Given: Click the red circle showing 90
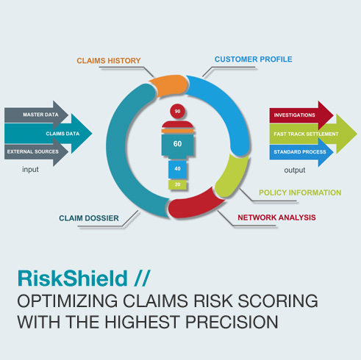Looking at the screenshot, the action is click(x=177, y=111).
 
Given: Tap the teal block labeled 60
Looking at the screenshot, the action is click(x=177, y=144).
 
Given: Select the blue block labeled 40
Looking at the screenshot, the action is click(x=177, y=169).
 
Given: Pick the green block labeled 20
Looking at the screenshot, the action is click(x=177, y=184).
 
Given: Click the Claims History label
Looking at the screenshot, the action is click(x=109, y=60).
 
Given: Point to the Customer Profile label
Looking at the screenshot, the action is click(x=254, y=60).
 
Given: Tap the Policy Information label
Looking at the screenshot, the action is click(x=300, y=192).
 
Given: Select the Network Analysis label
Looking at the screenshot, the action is click(x=276, y=217).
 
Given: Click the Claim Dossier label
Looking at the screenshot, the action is click(x=89, y=218).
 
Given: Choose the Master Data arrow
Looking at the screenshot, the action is click(x=36, y=115).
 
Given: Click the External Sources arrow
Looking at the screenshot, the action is click(x=36, y=152).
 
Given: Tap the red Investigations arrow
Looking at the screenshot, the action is click(x=301, y=115).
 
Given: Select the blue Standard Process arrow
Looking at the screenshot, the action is click(x=301, y=152).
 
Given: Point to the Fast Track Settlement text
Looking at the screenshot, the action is click(x=306, y=134).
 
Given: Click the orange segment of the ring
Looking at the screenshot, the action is click(x=168, y=85).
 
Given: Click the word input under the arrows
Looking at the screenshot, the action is click(x=30, y=169).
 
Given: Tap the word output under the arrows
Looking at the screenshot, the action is click(x=295, y=170).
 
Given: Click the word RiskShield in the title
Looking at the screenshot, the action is click(x=73, y=278).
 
